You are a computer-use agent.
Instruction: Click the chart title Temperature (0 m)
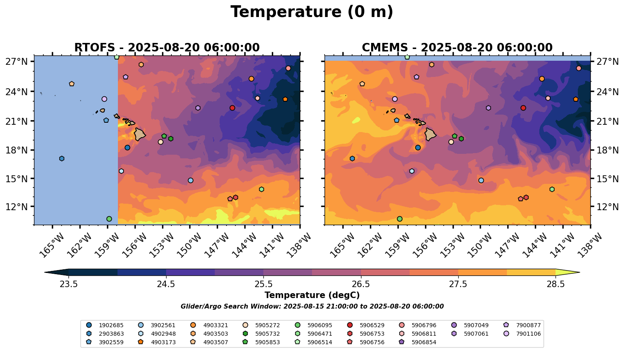click(312, 12)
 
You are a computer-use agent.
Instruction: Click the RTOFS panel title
click(167, 47)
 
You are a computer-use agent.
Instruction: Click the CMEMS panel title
click(457, 47)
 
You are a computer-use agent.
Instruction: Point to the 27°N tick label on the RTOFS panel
click(16, 62)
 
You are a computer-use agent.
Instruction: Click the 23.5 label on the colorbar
click(68, 284)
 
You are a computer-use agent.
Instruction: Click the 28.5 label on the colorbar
click(556, 284)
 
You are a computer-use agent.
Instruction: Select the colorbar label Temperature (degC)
click(312, 295)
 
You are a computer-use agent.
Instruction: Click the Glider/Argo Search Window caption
click(312, 307)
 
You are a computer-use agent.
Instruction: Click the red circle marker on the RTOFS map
click(232, 108)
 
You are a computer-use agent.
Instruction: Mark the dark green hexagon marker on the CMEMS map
click(461, 139)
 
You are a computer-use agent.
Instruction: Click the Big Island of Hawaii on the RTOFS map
click(140, 134)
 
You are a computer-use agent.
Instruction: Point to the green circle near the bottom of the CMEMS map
click(400, 219)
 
